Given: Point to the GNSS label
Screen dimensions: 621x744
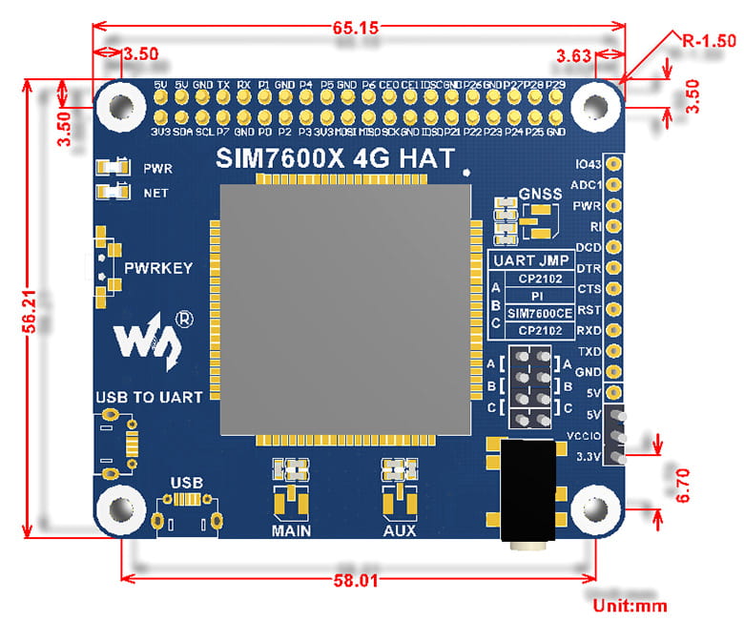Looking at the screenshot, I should tap(541, 195).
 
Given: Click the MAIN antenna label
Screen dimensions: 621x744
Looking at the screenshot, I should tap(291, 529).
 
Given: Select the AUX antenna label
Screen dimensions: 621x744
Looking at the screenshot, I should tap(399, 529).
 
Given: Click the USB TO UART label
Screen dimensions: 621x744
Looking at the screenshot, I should tap(149, 396).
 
